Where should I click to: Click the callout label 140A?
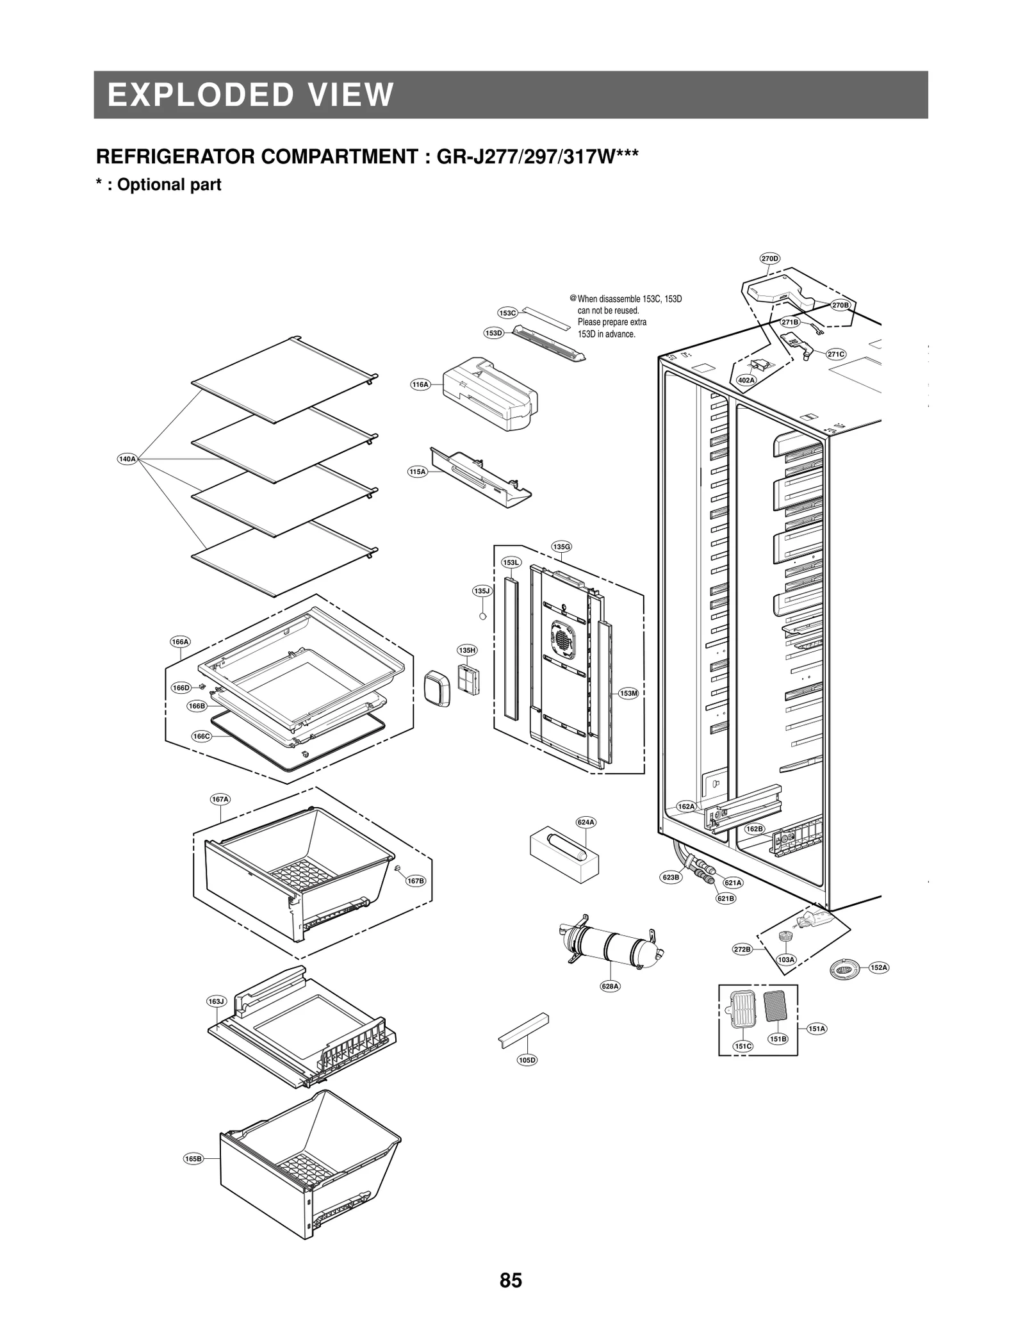(x=127, y=459)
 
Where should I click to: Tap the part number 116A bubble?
(x=420, y=384)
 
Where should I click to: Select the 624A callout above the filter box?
(x=586, y=822)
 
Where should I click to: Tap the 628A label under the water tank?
(x=610, y=986)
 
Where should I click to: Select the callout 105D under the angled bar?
(x=527, y=1060)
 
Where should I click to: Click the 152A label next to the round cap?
(x=879, y=967)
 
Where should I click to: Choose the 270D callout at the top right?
(x=769, y=259)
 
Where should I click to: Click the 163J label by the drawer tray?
(x=217, y=1001)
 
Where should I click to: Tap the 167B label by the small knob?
(x=416, y=881)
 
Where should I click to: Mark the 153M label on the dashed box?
(x=628, y=693)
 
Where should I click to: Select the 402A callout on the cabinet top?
(x=746, y=380)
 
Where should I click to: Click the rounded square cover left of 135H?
(x=438, y=689)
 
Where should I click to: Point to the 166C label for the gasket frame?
(x=201, y=736)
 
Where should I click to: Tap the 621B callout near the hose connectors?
(x=726, y=898)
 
